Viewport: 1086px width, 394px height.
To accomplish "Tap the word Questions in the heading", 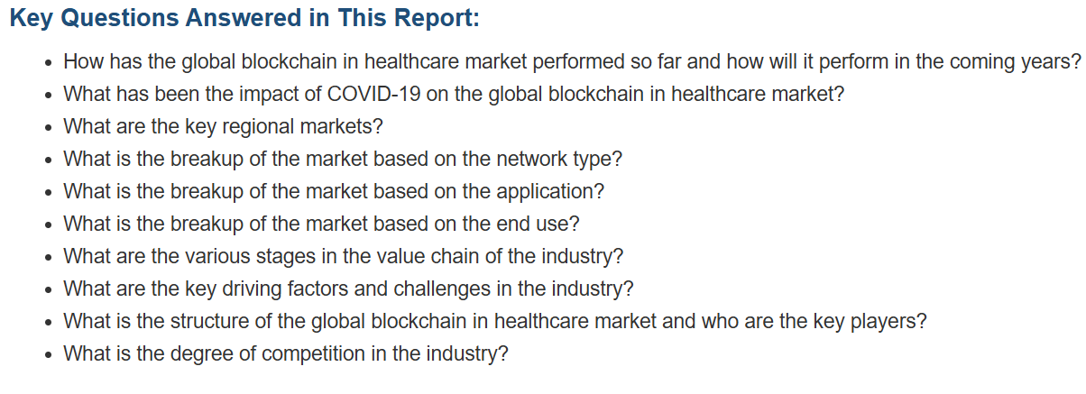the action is coord(120,18).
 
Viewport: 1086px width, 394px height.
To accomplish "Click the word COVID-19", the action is coord(373,94).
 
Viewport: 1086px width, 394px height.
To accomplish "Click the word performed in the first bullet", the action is coord(578,62).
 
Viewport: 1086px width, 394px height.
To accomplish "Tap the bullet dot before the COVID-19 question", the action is coord(48,96).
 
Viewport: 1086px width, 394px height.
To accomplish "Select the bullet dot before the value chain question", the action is coord(48,258).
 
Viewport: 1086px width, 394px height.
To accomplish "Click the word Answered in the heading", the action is coord(243,18).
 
